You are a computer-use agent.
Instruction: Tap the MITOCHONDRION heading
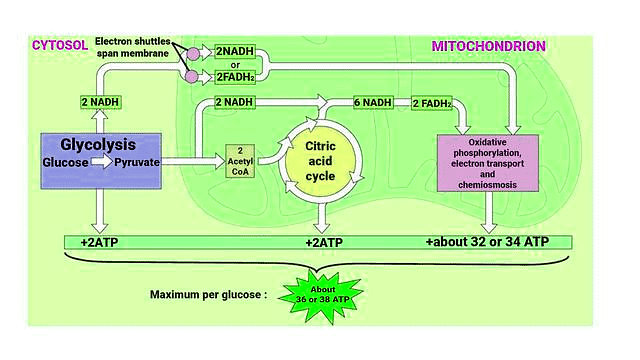[x=488, y=46]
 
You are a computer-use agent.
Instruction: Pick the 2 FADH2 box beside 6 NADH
[x=437, y=102]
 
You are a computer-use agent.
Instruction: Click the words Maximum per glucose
[x=207, y=295]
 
